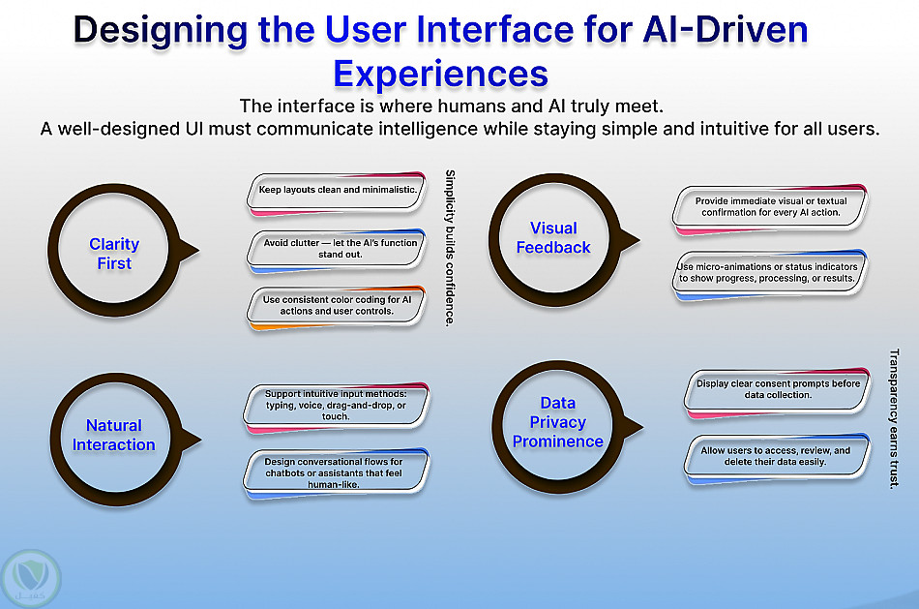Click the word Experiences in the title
coord(440,74)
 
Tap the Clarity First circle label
coord(114,254)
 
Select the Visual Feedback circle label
coord(553,237)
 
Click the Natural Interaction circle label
coord(114,435)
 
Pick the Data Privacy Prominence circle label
coord(558,422)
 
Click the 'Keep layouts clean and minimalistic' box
coord(337,193)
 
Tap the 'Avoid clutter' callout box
coord(337,251)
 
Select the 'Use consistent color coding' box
coord(337,308)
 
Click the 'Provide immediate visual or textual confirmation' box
coord(770,209)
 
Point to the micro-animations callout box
coord(770,275)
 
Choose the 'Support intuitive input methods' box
coord(337,408)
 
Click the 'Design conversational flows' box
coord(337,473)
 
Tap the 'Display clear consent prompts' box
coord(777,392)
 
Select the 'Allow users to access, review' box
coord(777,458)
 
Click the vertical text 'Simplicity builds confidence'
coord(450,248)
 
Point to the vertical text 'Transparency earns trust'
coord(894,418)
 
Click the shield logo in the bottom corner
coord(31,578)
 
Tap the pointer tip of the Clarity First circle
coord(199,251)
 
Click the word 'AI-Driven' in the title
coord(726,29)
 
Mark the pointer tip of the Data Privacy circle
coord(643,427)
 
